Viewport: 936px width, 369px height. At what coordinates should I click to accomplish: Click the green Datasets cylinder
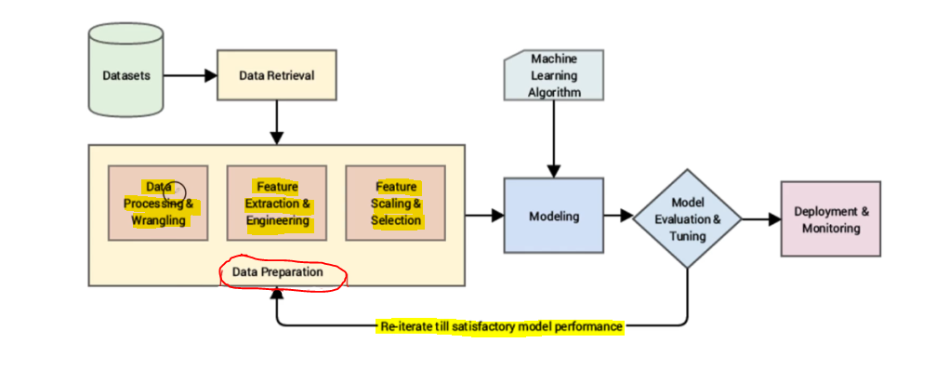tap(126, 70)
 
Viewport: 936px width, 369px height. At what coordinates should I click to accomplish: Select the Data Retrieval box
tap(276, 75)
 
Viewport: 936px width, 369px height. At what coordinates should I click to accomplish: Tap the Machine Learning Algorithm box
tap(554, 75)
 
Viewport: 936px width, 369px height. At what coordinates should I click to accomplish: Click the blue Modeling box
tap(554, 216)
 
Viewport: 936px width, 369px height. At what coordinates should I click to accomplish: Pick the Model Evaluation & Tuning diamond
tap(687, 218)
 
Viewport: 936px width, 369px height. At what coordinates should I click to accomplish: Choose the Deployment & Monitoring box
tap(831, 219)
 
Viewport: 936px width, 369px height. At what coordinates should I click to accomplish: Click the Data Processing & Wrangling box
tap(158, 203)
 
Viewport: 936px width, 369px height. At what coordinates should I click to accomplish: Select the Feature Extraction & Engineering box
tap(277, 203)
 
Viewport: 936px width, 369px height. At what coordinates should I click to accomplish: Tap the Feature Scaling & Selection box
tap(396, 203)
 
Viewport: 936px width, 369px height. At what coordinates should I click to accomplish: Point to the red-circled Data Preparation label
tap(278, 272)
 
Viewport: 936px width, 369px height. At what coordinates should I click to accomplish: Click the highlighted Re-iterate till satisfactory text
tap(500, 327)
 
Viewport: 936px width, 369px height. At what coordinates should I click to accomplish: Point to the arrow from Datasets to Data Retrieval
tap(190, 76)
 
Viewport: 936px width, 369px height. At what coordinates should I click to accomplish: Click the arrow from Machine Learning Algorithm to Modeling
tap(554, 139)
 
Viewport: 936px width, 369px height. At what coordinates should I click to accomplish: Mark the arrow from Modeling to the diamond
tap(618, 216)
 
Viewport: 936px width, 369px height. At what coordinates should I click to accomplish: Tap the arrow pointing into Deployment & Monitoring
tap(761, 219)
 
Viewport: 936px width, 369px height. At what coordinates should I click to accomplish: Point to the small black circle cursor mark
tap(175, 191)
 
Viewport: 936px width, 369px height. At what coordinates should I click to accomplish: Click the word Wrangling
tap(159, 220)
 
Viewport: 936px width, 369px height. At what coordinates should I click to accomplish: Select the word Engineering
tap(278, 220)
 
